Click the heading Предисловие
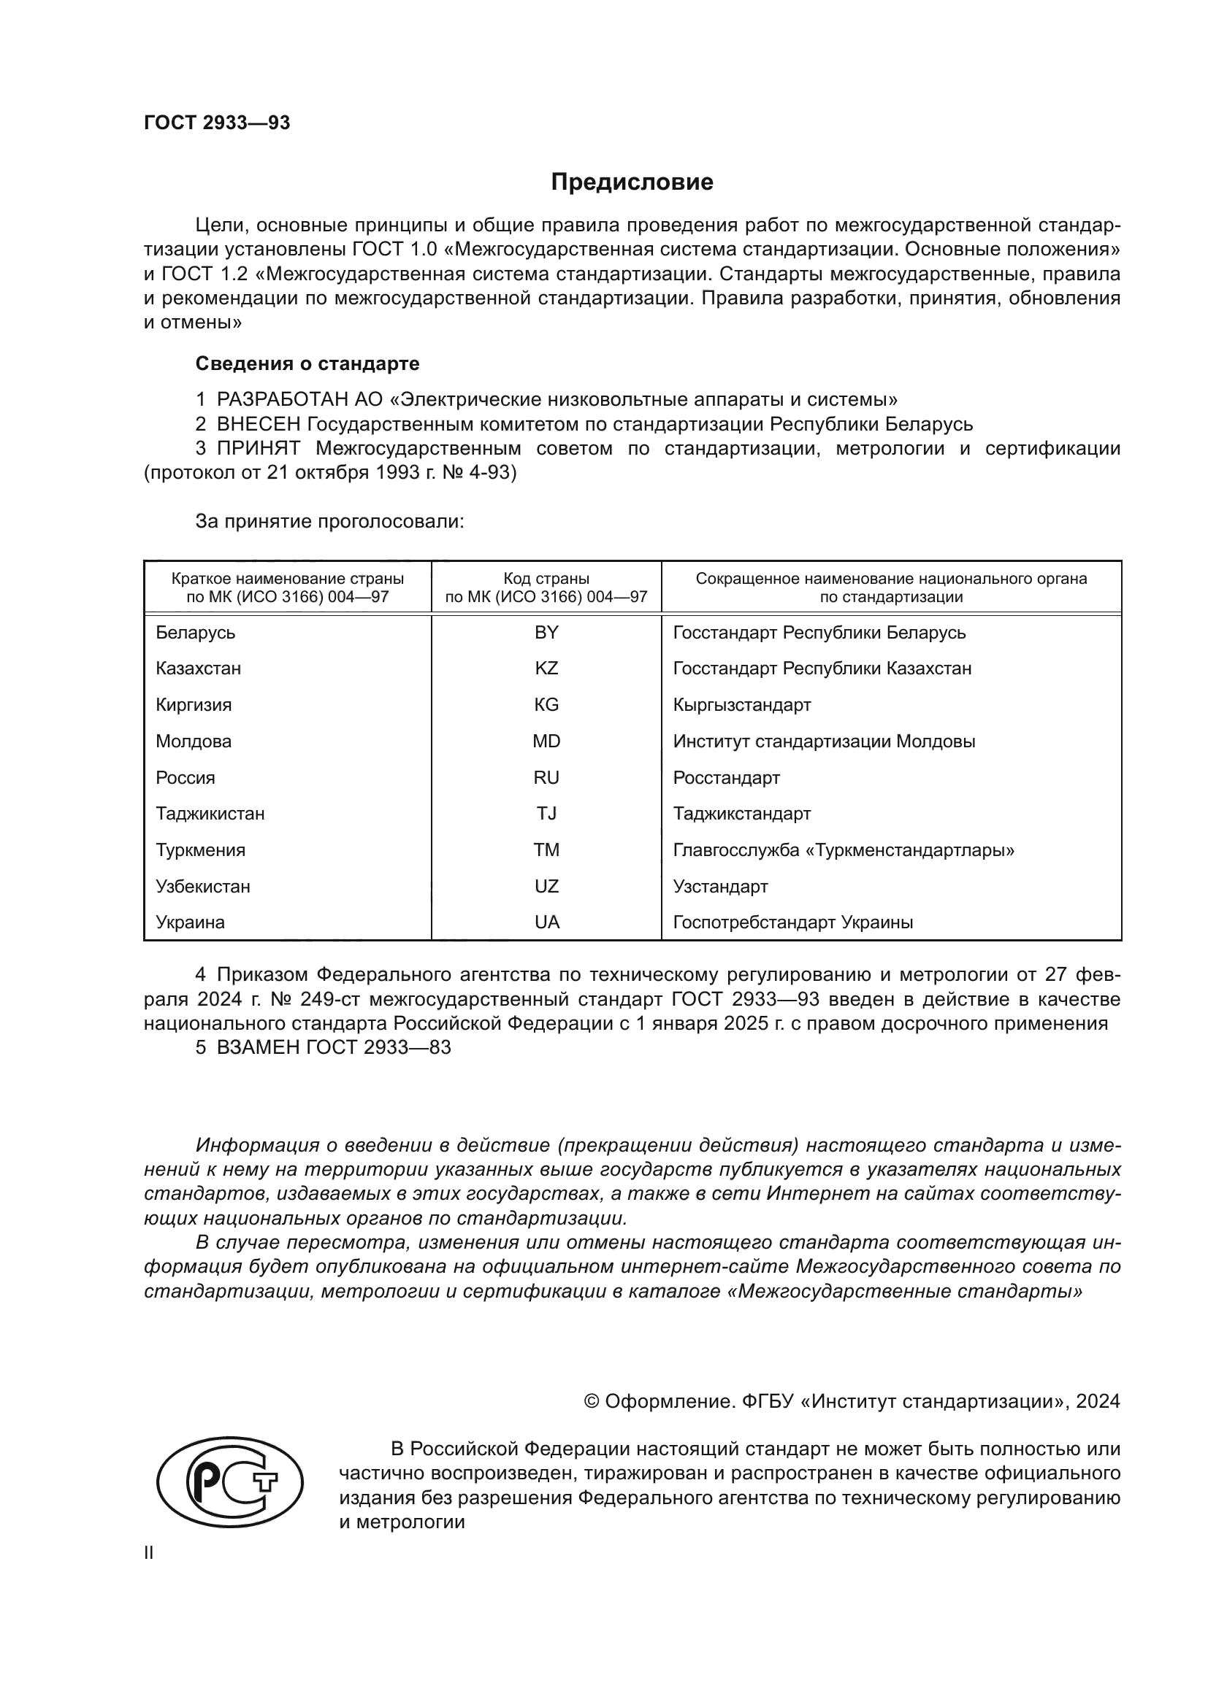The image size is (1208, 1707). pyautogui.click(x=632, y=182)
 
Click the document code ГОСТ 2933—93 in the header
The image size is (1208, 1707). pyautogui.click(x=216, y=123)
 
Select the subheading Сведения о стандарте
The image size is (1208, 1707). pyautogui.click(x=307, y=363)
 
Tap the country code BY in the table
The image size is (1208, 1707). pyautogui.click(x=546, y=633)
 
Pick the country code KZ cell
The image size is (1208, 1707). pyautogui.click(x=546, y=668)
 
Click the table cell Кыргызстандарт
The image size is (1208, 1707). pyautogui.click(x=741, y=705)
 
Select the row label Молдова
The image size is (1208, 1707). pyautogui.click(x=194, y=741)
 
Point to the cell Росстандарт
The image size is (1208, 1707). pyautogui.click(x=726, y=778)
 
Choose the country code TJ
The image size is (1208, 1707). pyautogui.click(x=546, y=813)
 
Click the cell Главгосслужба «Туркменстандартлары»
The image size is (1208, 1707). pyautogui.click(x=844, y=849)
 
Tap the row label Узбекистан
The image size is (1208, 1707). pyautogui.click(x=202, y=886)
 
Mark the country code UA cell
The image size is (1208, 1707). pyautogui.click(x=546, y=922)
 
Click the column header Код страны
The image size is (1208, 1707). pyautogui.click(x=546, y=579)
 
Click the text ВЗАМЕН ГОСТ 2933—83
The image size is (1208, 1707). pyautogui.click(x=333, y=1047)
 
